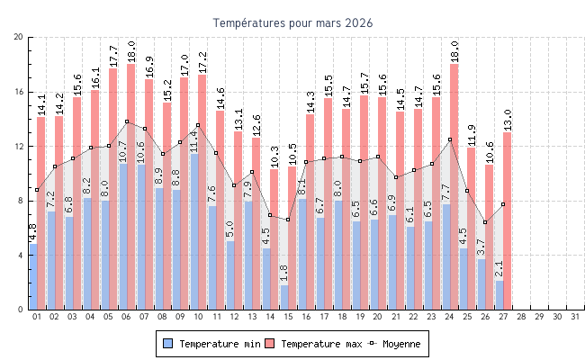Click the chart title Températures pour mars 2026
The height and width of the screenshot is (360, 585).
(x=292, y=22)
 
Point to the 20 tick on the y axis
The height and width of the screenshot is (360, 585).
(x=19, y=37)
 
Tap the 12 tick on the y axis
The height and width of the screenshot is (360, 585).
(x=19, y=146)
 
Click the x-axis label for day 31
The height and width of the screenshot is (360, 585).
(x=576, y=317)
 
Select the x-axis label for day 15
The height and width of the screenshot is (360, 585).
(x=289, y=317)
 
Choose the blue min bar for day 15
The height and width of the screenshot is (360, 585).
(x=284, y=297)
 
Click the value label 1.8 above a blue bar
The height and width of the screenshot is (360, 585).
(x=284, y=274)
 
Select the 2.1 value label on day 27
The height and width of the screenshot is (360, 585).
(x=499, y=269)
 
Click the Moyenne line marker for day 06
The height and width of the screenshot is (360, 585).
(x=127, y=121)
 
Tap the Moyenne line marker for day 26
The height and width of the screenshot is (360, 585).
(x=485, y=222)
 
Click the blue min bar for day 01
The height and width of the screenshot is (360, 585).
(x=33, y=276)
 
